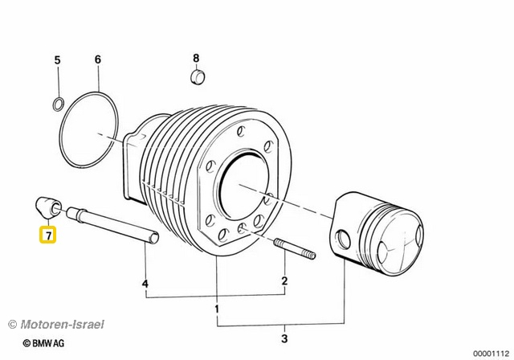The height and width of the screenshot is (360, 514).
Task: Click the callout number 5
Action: [x=57, y=60]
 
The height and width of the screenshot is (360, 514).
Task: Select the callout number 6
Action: [x=98, y=59]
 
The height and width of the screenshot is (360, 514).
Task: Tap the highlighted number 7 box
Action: [x=48, y=235]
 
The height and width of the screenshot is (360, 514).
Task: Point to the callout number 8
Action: [x=196, y=59]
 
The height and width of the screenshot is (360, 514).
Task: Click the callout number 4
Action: [x=145, y=284]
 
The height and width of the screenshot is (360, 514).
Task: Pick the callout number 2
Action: [x=284, y=281]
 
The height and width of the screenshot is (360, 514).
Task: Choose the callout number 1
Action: [x=217, y=309]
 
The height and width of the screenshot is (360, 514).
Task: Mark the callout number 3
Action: [x=284, y=338]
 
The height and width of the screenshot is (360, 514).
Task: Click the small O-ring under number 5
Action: [x=58, y=104]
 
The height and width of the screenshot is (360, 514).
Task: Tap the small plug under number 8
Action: [x=198, y=76]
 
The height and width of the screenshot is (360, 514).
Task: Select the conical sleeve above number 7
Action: [x=48, y=208]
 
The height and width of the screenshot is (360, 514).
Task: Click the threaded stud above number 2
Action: [x=294, y=248]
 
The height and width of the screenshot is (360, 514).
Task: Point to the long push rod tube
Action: [x=112, y=226]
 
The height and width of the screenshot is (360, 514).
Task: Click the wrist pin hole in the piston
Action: [x=344, y=239]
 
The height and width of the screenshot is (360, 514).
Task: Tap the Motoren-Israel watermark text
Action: [x=56, y=325]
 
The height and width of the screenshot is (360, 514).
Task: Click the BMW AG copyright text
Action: [x=43, y=343]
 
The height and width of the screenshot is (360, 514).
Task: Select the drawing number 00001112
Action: [x=491, y=354]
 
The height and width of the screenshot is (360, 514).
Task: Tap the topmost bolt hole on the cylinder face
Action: [x=241, y=131]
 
